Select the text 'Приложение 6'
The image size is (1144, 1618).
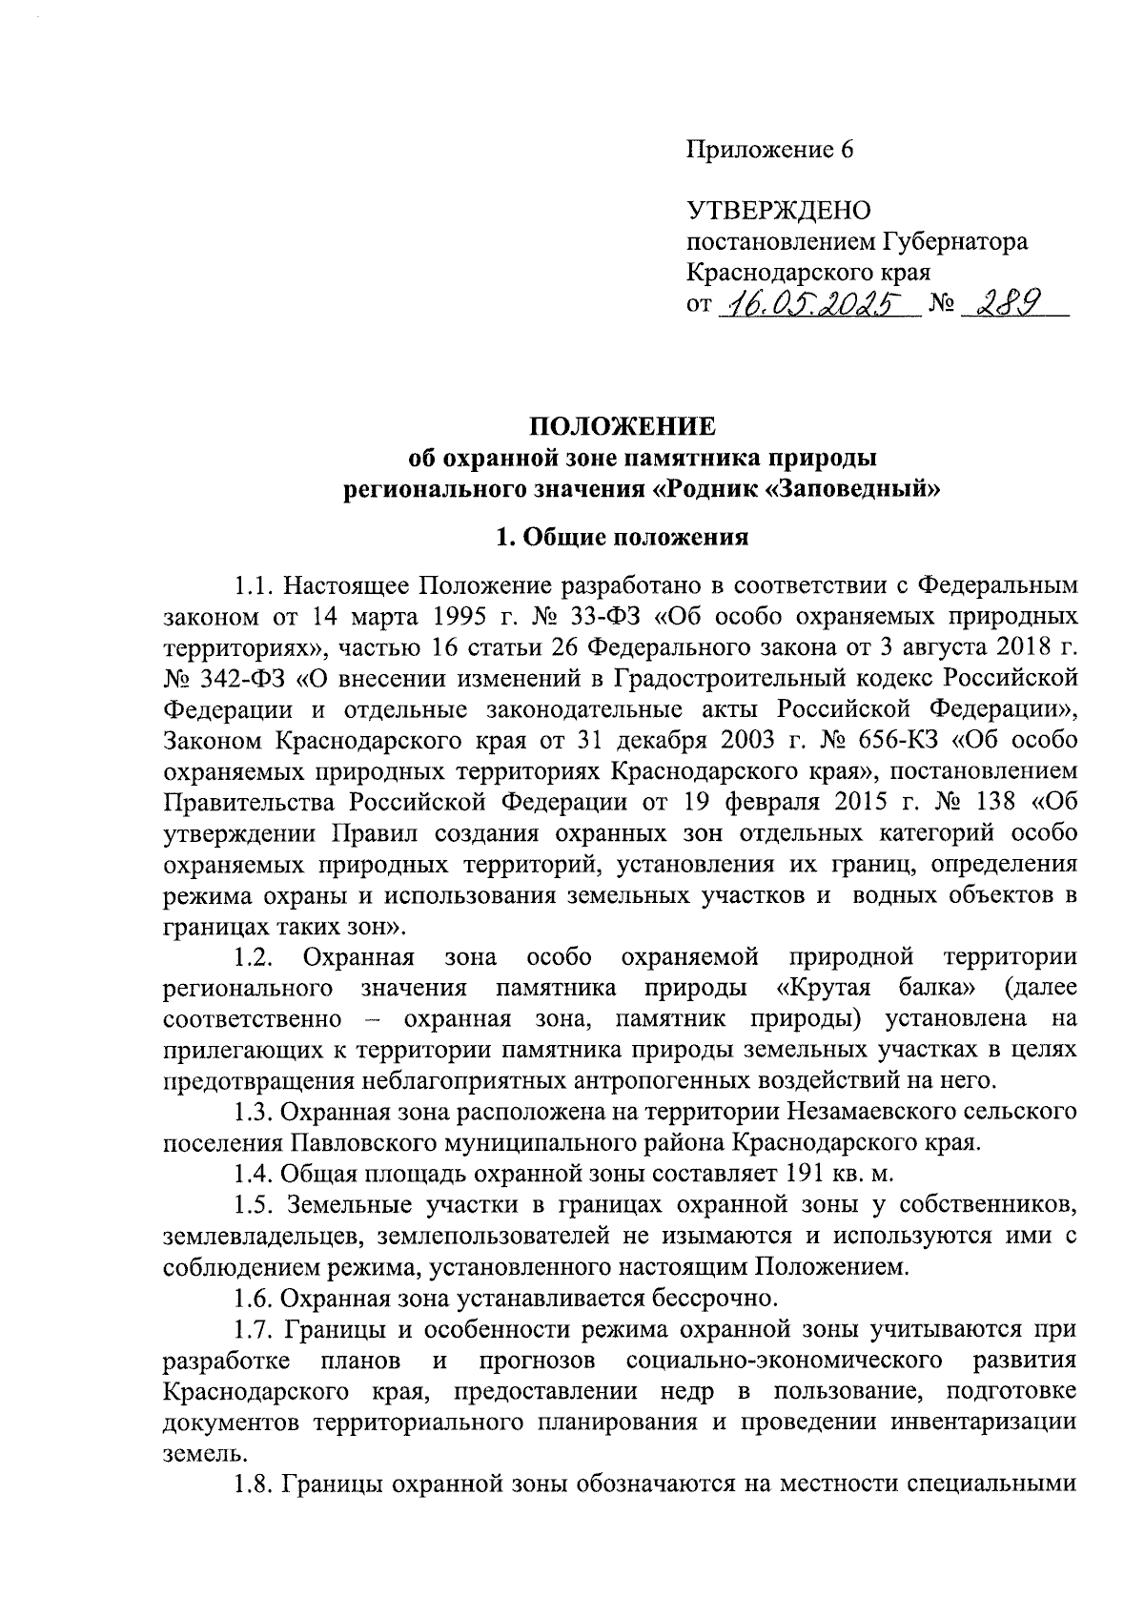click(768, 150)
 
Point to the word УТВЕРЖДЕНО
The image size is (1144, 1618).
click(779, 210)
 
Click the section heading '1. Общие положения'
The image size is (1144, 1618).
click(623, 537)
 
